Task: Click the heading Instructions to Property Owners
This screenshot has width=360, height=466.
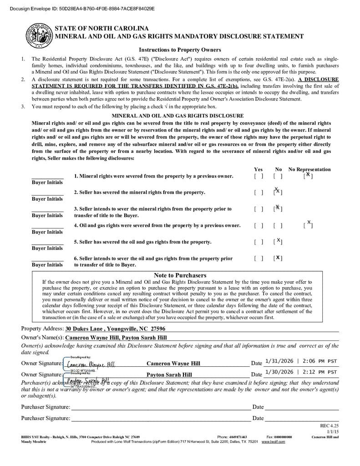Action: [x=180, y=50]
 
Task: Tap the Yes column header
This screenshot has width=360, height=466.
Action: [x=258, y=169]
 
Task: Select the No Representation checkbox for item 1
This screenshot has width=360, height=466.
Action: [x=308, y=176]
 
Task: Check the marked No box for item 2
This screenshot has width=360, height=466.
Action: [x=278, y=192]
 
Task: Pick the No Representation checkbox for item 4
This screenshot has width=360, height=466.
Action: [x=308, y=225]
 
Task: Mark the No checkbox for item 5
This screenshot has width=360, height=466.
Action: [x=278, y=242]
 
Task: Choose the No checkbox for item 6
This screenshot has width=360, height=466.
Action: [x=278, y=258]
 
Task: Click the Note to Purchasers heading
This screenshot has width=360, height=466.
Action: [x=180, y=275]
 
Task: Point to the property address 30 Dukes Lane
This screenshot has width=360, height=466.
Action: [x=115, y=329]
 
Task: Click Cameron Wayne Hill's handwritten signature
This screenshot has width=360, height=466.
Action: [x=91, y=364]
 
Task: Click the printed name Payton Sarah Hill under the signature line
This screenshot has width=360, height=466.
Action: [x=169, y=375]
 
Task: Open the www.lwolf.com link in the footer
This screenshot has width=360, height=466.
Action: [x=273, y=441]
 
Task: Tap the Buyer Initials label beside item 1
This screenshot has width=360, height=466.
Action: [x=47, y=182]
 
